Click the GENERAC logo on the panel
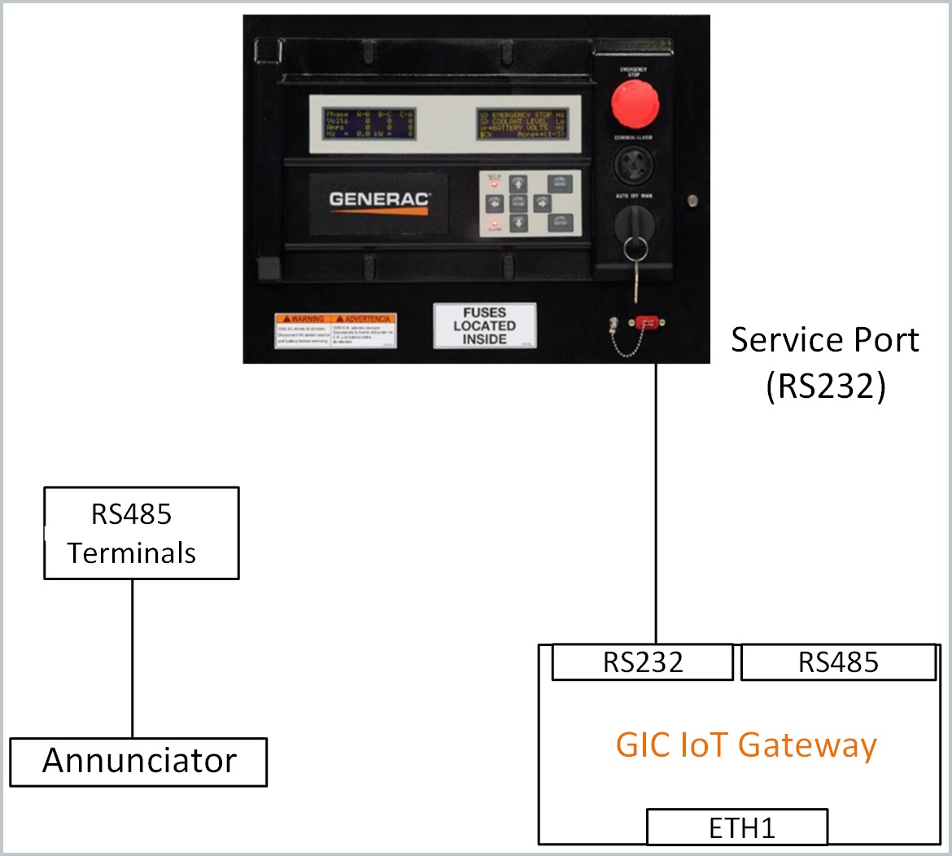[379, 200]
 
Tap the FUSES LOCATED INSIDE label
[484, 325]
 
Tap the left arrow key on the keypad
[494, 202]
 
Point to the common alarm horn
[635, 167]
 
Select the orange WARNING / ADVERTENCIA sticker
[335, 330]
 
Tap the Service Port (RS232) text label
[824, 362]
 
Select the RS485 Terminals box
[141, 533]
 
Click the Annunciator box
[138, 762]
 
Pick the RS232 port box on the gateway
[642, 662]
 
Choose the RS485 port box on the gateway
[838, 662]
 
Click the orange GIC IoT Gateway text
[746, 745]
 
